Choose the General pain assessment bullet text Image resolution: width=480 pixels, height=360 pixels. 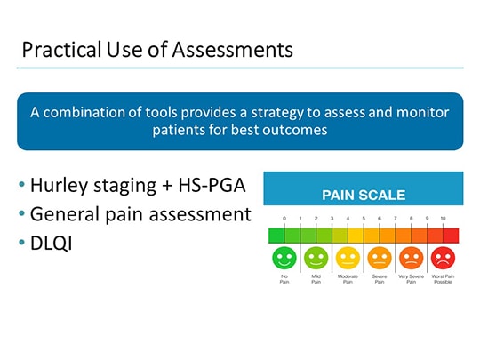140,214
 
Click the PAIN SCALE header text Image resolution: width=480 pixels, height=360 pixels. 363,195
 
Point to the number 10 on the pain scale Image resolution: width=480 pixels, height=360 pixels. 443,218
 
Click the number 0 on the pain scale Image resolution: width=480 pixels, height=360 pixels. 284,218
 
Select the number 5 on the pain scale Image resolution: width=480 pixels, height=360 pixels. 364,218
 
